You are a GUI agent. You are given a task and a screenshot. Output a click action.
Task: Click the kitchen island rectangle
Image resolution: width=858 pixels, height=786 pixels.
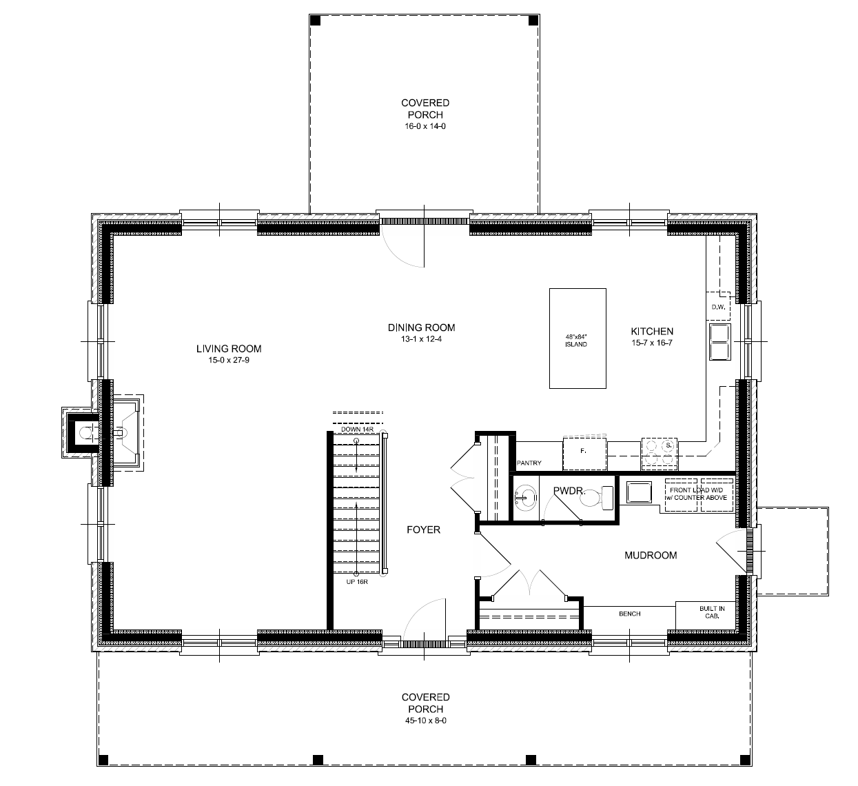[x=578, y=338]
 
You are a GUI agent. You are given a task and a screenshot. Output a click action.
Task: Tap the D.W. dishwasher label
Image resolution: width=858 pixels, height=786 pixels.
[x=717, y=308]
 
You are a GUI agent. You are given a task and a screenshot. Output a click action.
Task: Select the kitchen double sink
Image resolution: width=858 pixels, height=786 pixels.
[x=719, y=342]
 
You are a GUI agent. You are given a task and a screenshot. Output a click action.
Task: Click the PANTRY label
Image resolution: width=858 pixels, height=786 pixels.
[x=529, y=463]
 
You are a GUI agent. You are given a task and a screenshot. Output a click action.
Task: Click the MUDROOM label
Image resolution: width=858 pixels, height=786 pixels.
[x=650, y=555]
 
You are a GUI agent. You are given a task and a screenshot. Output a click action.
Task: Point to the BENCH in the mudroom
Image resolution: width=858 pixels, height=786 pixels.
[x=629, y=614]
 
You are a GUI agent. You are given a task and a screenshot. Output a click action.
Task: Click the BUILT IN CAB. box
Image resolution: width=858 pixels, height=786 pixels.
[x=711, y=613]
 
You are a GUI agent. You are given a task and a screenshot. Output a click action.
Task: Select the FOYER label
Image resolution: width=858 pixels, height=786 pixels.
[x=423, y=530]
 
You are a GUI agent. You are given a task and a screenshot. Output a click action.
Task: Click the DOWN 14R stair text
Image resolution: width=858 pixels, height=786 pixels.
[x=357, y=430]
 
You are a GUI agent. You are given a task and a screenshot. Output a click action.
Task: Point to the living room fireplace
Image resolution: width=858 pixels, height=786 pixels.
[x=103, y=433]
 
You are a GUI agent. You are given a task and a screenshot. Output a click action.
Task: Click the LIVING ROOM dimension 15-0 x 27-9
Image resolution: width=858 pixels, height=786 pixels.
[x=229, y=360]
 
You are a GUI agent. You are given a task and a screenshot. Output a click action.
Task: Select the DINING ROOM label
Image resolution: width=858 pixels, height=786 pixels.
[x=421, y=328]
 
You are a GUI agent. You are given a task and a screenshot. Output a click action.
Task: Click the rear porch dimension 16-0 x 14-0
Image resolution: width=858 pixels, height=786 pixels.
[x=425, y=127]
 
